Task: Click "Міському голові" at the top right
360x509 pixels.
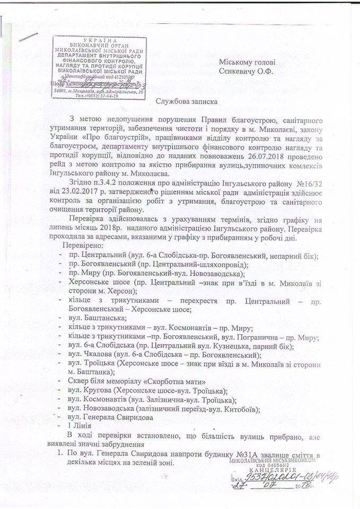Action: tap(245, 62)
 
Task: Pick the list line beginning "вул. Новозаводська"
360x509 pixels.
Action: tap(164, 408)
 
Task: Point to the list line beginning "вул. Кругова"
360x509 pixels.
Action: tap(144, 390)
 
